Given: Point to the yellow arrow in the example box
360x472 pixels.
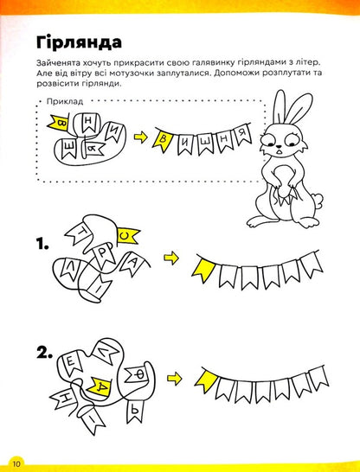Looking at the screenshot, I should click(138, 136).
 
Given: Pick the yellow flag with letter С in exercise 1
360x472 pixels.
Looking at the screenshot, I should click(127, 234).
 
